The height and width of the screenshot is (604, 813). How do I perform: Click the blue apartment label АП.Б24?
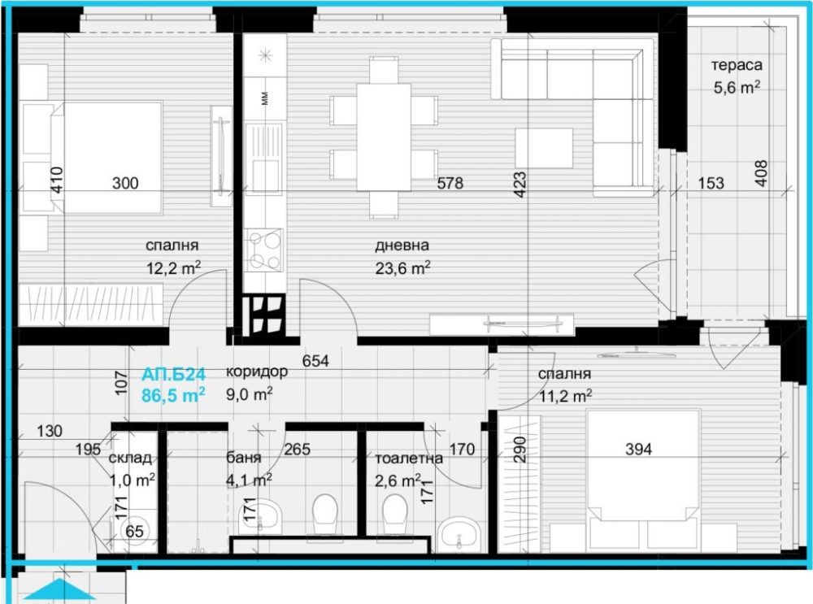173,374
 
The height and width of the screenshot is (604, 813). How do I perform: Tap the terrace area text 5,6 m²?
737,87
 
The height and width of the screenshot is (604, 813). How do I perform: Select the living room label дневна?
402,246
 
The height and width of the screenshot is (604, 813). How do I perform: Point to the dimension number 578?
450,183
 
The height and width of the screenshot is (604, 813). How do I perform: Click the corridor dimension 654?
315,360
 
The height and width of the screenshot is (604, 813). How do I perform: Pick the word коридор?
257,372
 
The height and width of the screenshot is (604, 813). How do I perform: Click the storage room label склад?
130,458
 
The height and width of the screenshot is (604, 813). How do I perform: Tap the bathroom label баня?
243,458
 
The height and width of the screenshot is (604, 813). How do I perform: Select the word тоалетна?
409,458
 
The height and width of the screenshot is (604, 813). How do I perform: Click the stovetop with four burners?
265,250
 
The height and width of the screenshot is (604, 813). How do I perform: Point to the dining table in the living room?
384,137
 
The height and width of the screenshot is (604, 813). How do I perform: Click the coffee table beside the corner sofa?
544,148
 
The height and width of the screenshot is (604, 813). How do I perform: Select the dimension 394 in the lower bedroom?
637,449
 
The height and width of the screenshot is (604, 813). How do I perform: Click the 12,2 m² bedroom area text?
173,267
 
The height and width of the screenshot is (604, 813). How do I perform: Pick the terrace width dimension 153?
711,183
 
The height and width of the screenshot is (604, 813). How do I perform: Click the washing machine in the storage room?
133,530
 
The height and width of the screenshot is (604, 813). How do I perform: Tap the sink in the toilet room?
458,535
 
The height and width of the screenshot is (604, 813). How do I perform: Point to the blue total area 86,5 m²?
173,395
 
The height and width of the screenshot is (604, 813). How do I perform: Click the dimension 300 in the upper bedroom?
125,183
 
